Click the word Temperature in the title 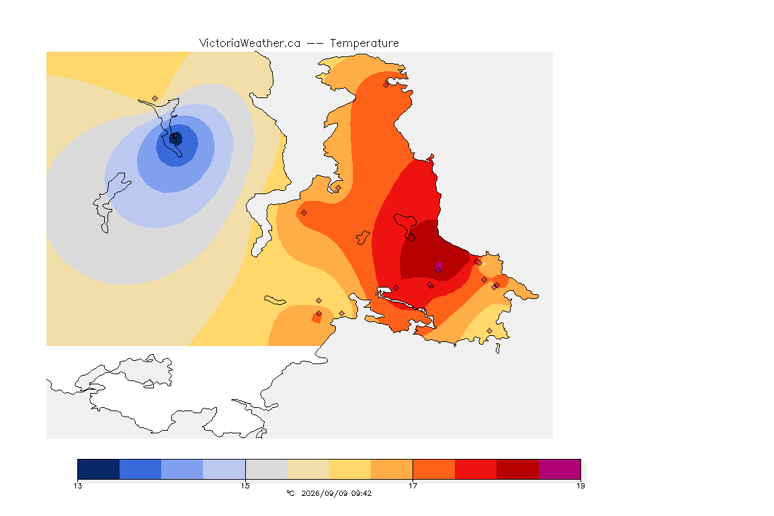pos(364,44)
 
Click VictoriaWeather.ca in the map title pos(250,44)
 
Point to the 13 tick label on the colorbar pos(77,486)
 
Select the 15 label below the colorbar pos(245,486)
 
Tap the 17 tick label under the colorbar pos(413,486)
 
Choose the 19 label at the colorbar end pos(580,486)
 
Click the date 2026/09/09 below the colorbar pos(321,493)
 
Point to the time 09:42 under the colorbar pos(361,493)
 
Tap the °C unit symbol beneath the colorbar pos(290,493)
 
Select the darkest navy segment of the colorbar pos(99,469)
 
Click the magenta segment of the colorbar pos(560,469)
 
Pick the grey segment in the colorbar pos(266,469)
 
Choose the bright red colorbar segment pos(476,469)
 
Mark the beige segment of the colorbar pos(308,469)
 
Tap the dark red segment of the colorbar pos(518,469)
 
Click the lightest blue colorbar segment pos(224,469)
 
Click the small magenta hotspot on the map pos(439,267)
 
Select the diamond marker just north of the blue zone pos(155,99)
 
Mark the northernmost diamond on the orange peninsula pos(386,85)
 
